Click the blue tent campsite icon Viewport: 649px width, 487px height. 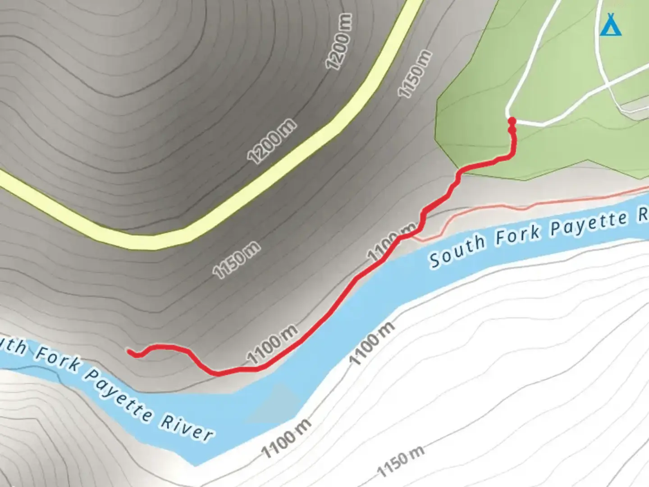611,25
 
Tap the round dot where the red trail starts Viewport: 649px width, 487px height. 512,121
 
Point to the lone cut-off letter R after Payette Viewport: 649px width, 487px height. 643,215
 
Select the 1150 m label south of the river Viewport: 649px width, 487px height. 400,461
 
